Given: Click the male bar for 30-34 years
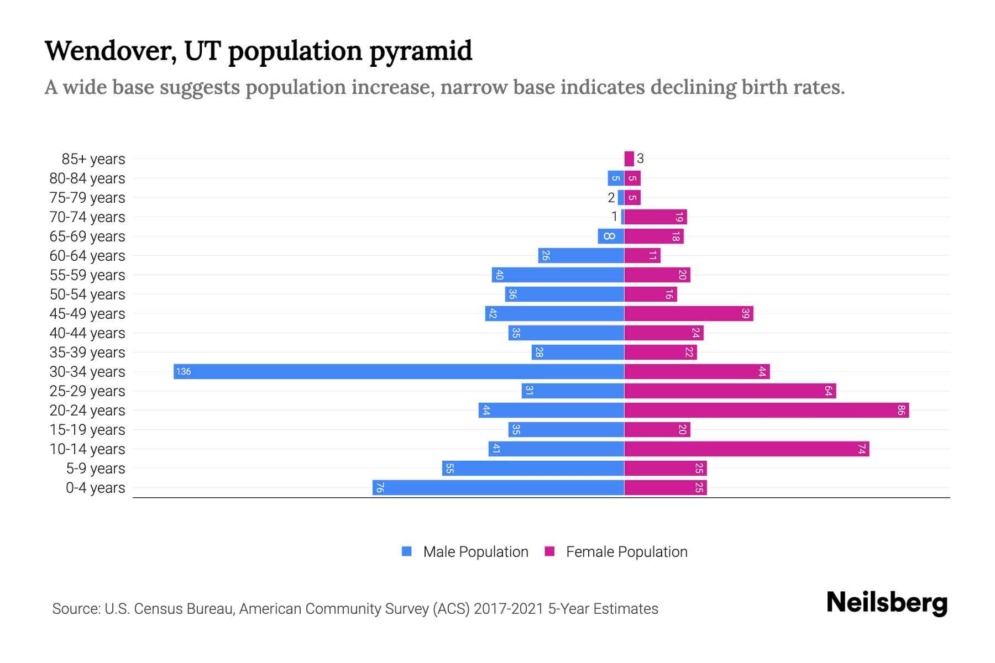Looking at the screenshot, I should tap(398, 371).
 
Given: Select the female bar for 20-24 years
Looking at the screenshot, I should tap(766, 410).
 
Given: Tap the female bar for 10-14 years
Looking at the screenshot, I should tap(746, 449).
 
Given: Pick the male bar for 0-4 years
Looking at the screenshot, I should tap(498, 487).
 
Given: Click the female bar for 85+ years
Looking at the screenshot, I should tap(629, 159).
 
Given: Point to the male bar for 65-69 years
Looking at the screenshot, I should tap(611, 236).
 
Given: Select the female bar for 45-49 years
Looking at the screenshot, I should tap(688, 313).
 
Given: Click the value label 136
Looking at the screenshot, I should tap(184, 371).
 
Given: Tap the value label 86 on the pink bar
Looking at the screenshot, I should tap(901, 410).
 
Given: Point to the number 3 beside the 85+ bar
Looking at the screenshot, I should tap(640, 159).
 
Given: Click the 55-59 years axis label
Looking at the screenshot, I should tap(87, 275).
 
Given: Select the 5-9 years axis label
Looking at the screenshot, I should tap(96, 468).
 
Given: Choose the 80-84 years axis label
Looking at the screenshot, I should tap(87, 178).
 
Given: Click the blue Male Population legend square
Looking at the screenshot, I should tap(407, 551).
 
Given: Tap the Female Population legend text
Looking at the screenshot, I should tap(626, 551).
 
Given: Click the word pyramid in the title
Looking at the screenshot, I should tap(421, 51).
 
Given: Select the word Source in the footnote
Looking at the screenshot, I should tap(75, 609).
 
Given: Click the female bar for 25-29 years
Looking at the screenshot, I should tap(730, 391).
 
